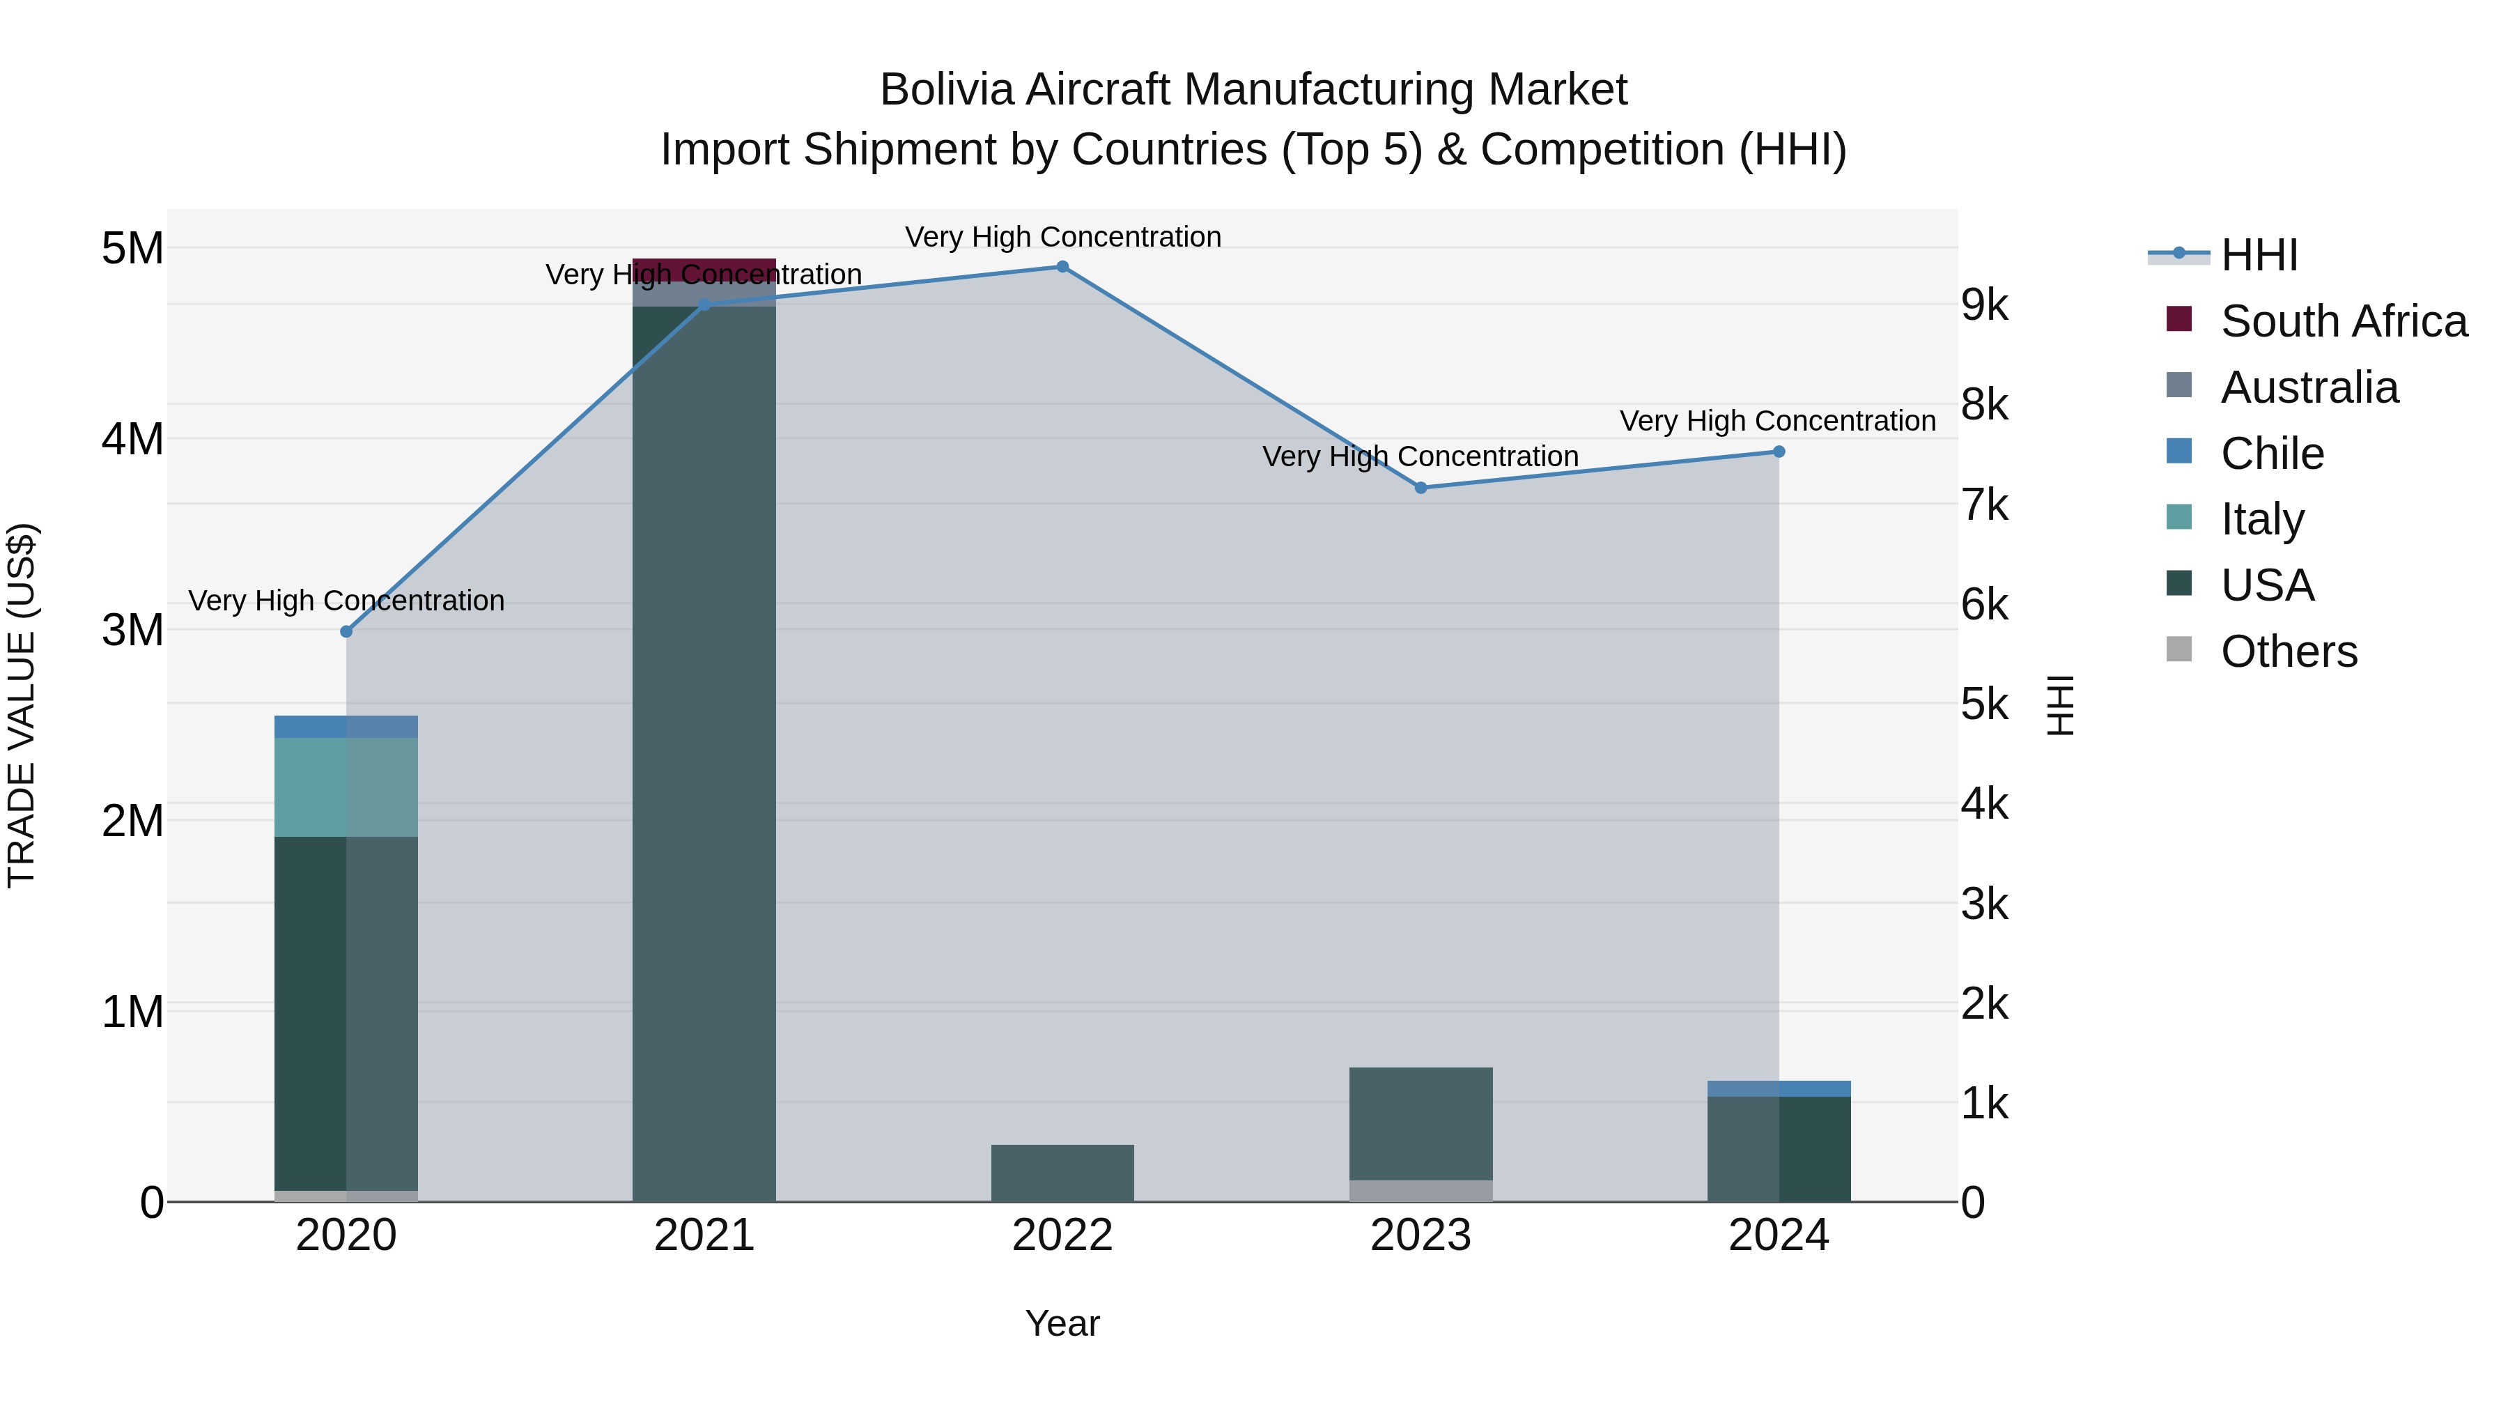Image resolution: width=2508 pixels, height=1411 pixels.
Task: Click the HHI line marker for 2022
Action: pos(1062,267)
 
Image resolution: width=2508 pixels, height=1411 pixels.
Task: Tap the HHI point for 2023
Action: pos(1421,488)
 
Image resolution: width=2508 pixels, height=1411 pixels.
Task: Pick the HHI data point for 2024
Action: pos(1779,452)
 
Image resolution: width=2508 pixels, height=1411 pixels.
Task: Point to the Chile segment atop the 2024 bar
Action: pos(1779,1088)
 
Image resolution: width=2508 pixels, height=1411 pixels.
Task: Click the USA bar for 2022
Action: pos(1062,1173)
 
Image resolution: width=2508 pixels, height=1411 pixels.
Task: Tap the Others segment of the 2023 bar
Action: pos(1421,1191)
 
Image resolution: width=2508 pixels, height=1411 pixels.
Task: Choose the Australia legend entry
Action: pos(2309,387)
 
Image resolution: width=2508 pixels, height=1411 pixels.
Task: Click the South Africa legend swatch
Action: pos(2179,319)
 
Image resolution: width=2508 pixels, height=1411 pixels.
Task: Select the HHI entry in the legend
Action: pos(2259,255)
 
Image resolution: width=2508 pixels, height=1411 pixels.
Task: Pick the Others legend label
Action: pos(2289,651)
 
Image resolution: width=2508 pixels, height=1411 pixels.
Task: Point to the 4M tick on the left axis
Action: pos(132,439)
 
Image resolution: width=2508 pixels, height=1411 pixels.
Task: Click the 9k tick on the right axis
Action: pos(1984,304)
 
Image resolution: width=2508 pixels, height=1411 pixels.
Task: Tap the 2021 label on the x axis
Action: pos(704,1235)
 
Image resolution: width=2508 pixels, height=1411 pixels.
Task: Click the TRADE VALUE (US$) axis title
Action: pos(22,705)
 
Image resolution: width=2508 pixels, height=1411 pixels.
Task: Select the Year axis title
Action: pos(1062,1323)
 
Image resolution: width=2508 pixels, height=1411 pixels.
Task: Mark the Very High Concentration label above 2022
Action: pos(1062,237)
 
